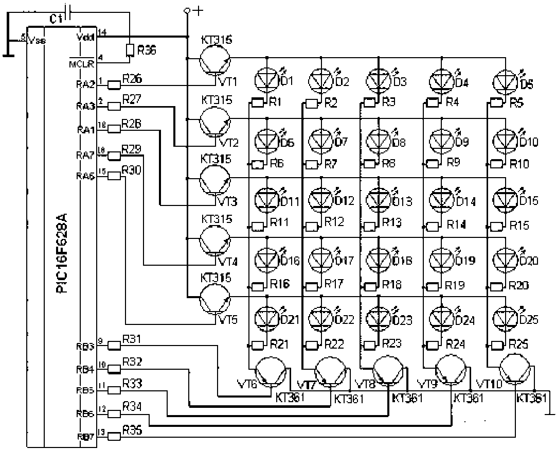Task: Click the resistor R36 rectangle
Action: click(130, 50)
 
